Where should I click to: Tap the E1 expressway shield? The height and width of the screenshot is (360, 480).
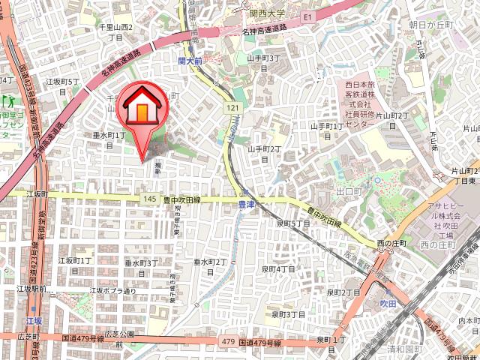pos(307,15)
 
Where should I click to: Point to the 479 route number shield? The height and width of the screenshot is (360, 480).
pos(228,342)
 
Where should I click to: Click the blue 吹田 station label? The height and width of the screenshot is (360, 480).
pos(388,303)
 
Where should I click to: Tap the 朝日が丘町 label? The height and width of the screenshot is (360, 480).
pos(432,25)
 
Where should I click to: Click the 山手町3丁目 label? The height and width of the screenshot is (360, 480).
pos(263,62)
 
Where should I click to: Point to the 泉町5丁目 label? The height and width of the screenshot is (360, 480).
pos(292,223)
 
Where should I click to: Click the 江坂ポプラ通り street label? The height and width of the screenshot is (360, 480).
pos(113,290)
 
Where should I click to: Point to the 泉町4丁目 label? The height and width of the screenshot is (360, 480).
pos(278,268)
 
